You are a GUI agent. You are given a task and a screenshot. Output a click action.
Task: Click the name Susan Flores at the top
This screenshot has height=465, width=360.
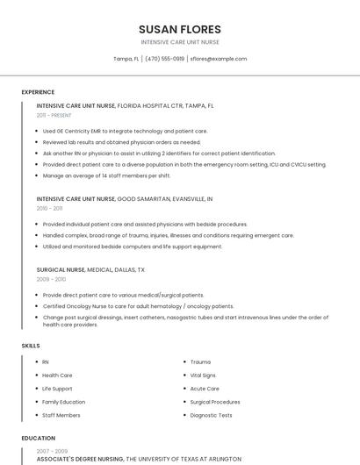pyautogui.click(x=180, y=29)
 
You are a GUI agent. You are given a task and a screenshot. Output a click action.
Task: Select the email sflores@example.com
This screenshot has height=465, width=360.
pyautogui.click(x=219, y=59)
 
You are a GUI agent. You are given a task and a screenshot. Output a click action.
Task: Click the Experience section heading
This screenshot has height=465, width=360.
pyautogui.click(x=38, y=91)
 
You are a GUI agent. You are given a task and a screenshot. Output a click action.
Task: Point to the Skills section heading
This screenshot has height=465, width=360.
pyautogui.click(x=31, y=346)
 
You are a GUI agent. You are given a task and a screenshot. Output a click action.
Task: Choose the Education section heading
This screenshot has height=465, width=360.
pyautogui.click(x=38, y=438)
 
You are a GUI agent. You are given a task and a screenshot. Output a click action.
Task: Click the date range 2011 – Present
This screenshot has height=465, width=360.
pyautogui.click(x=54, y=115)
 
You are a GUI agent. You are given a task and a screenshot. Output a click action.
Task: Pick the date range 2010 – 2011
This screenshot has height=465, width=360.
pyautogui.click(x=49, y=209)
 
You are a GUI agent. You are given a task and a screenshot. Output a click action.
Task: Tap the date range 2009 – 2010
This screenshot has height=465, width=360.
pyautogui.click(x=51, y=279)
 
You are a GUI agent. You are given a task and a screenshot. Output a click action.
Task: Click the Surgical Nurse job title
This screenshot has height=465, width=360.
pyautogui.click(x=61, y=270)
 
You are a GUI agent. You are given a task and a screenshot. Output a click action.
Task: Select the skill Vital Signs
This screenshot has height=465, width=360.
pyautogui.click(x=203, y=375)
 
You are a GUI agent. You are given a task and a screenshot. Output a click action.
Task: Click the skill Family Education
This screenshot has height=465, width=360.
pyautogui.click(x=64, y=401)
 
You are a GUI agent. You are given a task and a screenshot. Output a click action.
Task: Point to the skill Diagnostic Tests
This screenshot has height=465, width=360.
pyautogui.click(x=211, y=415)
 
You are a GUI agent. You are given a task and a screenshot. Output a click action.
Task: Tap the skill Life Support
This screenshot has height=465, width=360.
pyautogui.click(x=57, y=388)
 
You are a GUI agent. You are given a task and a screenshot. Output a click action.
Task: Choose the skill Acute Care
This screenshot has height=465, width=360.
pyautogui.click(x=205, y=388)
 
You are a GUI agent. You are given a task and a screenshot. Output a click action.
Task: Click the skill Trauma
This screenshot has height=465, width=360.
pyautogui.click(x=200, y=361)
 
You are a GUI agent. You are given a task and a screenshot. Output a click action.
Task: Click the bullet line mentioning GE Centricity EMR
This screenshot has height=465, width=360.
pyautogui.click(x=125, y=131)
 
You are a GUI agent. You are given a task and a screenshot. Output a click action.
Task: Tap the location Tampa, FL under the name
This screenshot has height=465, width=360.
pyautogui.click(x=126, y=59)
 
